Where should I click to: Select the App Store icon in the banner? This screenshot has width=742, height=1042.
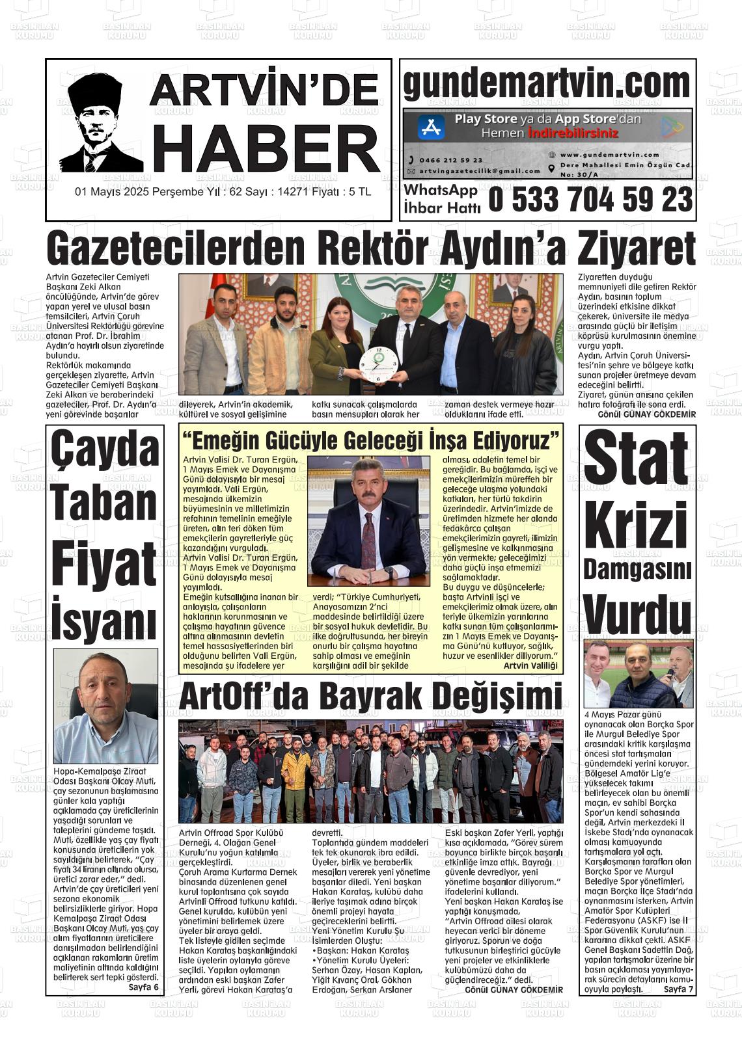point(430,127)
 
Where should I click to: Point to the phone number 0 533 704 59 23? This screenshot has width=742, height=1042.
point(590,200)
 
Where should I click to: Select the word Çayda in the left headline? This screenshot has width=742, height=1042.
point(105,449)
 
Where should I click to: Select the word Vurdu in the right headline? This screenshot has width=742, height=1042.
point(637,612)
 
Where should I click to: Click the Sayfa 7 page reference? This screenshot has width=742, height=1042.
point(679,989)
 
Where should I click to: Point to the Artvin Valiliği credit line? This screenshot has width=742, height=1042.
point(530,665)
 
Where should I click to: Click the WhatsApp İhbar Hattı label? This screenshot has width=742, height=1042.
point(441,199)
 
